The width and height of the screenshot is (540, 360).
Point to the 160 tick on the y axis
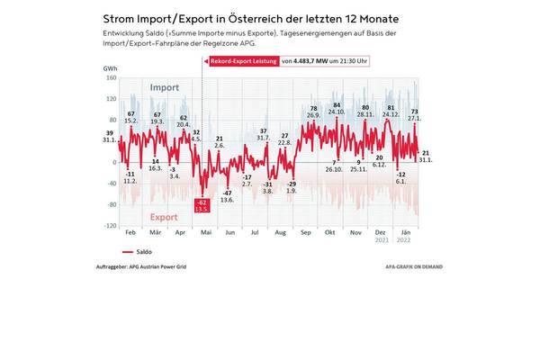112,77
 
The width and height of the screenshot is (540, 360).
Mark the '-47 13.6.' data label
228,196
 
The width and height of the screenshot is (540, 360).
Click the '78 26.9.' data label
313,112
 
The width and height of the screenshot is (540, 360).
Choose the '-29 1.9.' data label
292,188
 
